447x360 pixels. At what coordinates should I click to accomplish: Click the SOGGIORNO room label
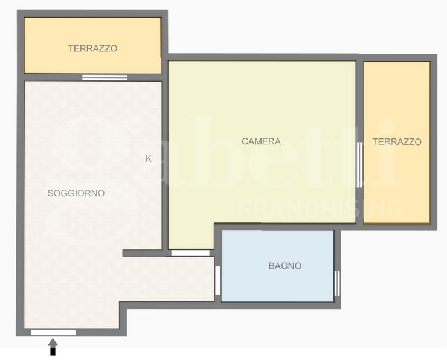pyautogui.click(x=76, y=193)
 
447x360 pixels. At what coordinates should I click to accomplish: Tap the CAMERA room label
pyautogui.click(x=261, y=141)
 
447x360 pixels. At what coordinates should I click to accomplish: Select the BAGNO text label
pyautogui.click(x=285, y=266)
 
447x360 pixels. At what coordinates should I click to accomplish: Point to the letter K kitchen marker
pyautogui.click(x=149, y=159)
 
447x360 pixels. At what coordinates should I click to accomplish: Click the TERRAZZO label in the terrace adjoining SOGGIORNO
pyautogui.click(x=92, y=48)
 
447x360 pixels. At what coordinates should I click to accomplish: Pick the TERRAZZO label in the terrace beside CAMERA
pyautogui.click(x=396, y=142)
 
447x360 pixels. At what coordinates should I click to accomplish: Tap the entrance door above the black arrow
pyautogui.click(x=53, y=332)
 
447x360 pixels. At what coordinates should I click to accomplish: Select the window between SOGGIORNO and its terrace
pyautogui.click(x=105, y=77)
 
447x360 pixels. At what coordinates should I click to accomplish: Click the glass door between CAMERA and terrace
pyautogui.click(x=359, y=164)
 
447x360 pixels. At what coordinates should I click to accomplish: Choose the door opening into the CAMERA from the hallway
pyautogui.click(x=190, y=252)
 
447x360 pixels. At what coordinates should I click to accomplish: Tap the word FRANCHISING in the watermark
pyautogui.click(x=320, y=208)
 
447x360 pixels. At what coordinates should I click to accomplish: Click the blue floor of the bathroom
pyautogui.click(x=278, y=284)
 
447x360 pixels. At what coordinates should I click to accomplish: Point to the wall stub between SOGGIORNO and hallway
pyautogui.click(x=143, y=253)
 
